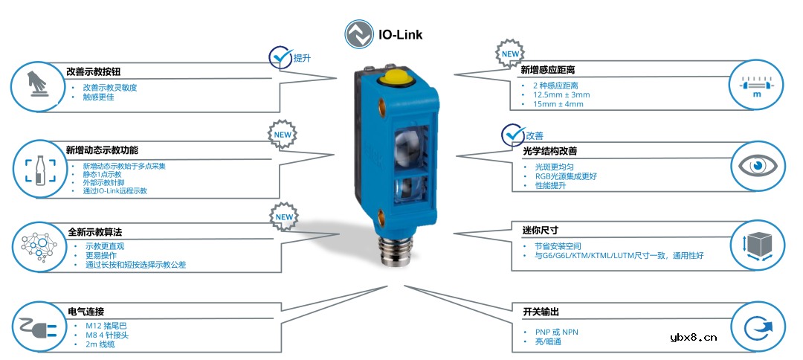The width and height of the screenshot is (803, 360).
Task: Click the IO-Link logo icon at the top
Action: point(359,34)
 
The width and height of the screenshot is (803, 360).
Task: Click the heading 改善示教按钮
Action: point(93,72)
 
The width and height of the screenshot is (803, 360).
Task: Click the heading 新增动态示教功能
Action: point(102,150)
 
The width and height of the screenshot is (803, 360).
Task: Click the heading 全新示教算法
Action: point(94,232)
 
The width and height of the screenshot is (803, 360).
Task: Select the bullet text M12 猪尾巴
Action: point(106,326)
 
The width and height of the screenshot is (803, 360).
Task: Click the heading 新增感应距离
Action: point(547,70)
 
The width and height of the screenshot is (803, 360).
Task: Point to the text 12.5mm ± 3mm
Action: point(561,94)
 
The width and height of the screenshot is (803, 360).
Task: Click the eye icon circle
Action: point(756,164)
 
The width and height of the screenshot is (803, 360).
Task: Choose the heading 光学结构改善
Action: point(550,151)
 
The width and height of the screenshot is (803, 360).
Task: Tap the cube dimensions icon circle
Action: point(756,245)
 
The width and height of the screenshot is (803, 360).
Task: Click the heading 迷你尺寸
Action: point(541,230)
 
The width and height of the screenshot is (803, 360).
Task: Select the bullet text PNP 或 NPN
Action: point(556,332)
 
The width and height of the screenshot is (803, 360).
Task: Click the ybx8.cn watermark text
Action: point(693,337)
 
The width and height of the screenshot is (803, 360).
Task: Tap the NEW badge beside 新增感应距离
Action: point(510,54)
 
